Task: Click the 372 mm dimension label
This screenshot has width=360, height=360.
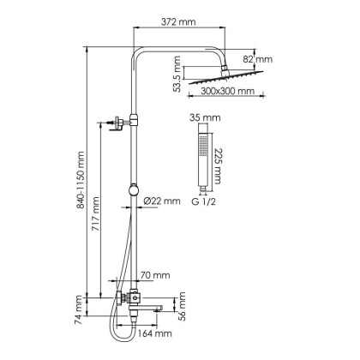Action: (178, 21)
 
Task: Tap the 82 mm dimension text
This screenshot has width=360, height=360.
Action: (258, 59)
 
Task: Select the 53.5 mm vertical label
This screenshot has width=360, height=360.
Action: (177, 74)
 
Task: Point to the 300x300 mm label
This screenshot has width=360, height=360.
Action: (227, 91)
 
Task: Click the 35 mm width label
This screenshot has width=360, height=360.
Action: (205, 117)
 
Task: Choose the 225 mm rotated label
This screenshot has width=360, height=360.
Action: (218, 166)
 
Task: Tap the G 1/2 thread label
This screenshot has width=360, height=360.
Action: (203, 201)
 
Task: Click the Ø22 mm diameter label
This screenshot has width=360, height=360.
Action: (162, 201)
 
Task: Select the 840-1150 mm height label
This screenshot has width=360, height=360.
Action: (81, 180)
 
